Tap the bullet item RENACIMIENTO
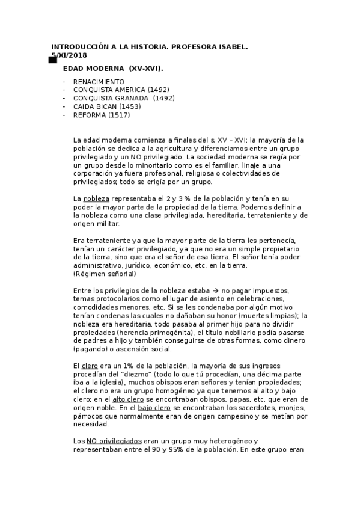[x=99, y=81]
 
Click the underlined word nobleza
[x=96, y=198]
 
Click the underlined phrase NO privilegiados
[x=115, y=441]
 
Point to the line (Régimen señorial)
[x=104, y=274]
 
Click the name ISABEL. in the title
[x=230, y=47]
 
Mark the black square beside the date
[x=52, y=59]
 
